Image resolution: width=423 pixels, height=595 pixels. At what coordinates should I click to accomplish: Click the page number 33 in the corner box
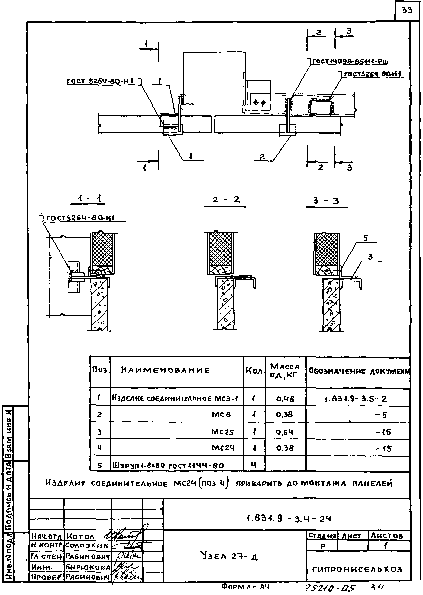407,10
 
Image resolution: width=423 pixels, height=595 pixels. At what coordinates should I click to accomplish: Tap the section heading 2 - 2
226,200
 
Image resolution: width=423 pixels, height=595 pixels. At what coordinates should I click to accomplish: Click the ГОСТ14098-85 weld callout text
350,62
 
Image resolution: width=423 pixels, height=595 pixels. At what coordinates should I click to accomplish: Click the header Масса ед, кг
285,371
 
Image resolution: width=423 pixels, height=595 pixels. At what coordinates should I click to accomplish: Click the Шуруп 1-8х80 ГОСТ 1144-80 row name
168,465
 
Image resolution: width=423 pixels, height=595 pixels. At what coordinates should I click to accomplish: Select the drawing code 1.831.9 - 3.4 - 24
289,519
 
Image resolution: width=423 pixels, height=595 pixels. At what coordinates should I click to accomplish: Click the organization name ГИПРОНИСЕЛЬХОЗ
357,569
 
